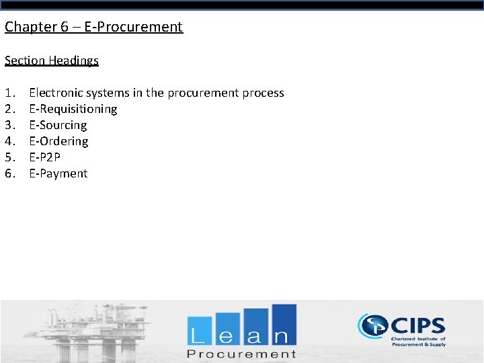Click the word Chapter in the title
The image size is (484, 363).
pyautogui.click(x=29, y=27)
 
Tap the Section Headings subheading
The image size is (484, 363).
pyautogui.click(x=52, y=61)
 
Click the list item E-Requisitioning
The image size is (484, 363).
pyautogui.click(x=73, y=109)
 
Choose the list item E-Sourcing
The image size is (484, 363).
pyautogui.click(x=58, y=125)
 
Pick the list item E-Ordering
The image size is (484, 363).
pyautogui.click(x=58, y=141)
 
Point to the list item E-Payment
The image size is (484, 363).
pyautogui.click(x=58, y=173)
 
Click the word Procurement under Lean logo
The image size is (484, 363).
pyautogui.click(x=241, y=354)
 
